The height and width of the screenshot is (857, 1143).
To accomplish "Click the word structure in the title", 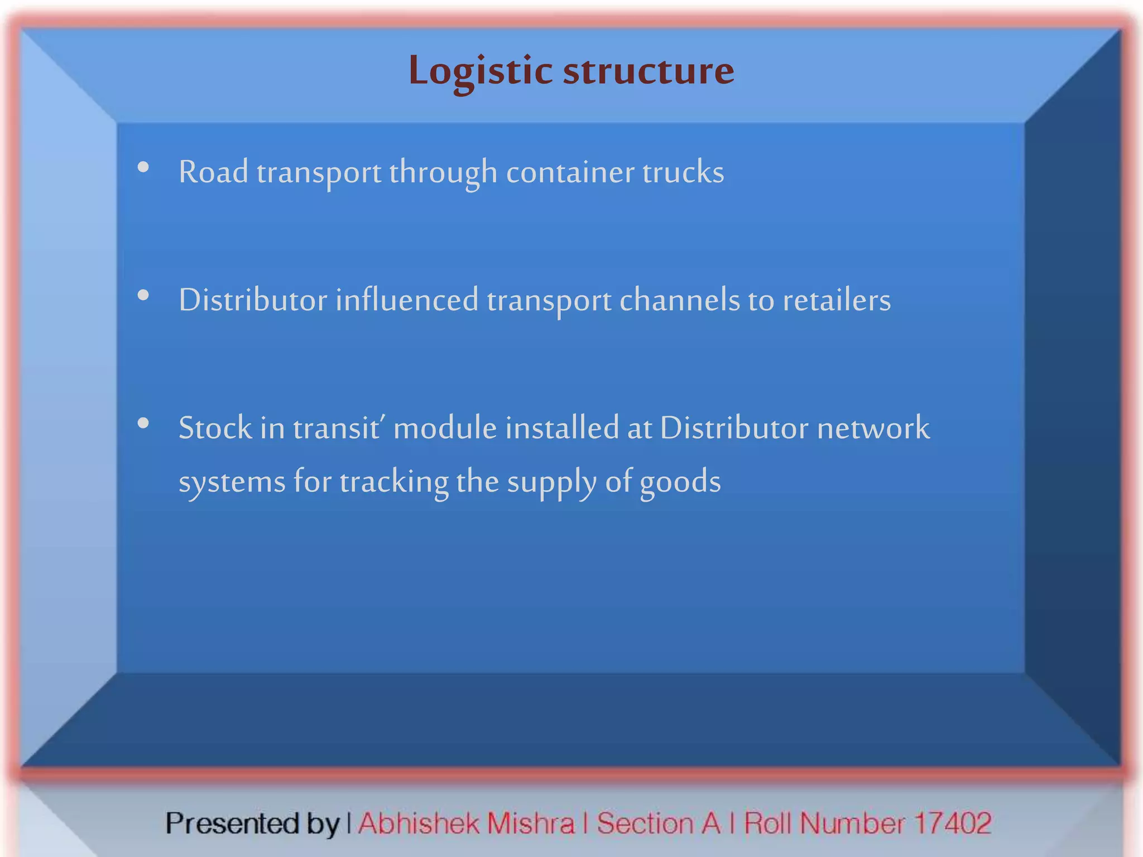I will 649,71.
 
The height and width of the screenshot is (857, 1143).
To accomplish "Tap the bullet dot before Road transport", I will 143,167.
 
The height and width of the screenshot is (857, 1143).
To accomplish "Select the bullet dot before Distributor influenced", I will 143,295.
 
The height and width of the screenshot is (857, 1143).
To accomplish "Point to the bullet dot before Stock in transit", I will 143,423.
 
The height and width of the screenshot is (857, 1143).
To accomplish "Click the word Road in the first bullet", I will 213,172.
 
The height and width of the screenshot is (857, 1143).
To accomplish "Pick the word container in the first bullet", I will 570,172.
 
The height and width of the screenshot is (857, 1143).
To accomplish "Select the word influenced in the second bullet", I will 407,300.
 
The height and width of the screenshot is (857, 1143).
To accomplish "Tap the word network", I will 873,428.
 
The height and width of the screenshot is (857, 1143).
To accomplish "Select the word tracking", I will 393,482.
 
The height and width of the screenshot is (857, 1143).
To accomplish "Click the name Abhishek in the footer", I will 419,823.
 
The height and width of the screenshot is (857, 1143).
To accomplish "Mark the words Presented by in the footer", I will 252,824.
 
